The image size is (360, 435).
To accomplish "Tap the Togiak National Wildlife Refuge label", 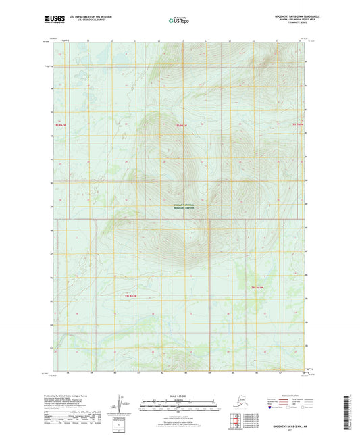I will pyautogui.click(x=180, y=208).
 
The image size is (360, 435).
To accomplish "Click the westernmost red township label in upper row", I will pyautogui.click(x=61, y=126).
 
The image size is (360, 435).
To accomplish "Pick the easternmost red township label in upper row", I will pyautogui.click(x=298, y=124).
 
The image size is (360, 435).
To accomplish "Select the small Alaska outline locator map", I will pyautogui.click(x=241, y=401).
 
